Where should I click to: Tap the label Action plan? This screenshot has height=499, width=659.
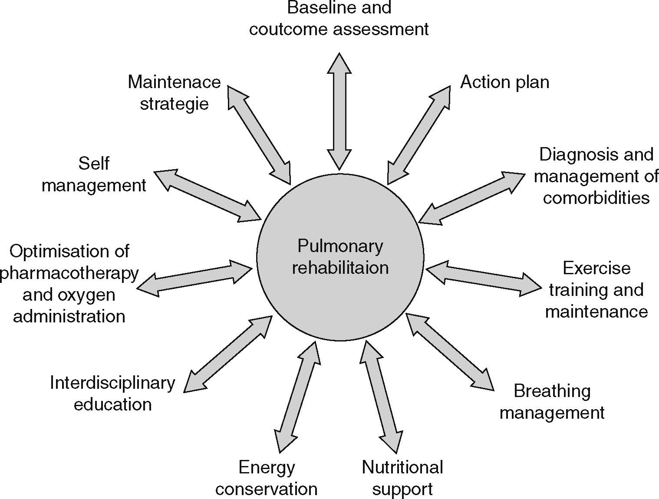504,82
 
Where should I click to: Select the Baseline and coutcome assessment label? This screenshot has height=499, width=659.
339,18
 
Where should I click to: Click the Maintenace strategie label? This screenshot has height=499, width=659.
174,93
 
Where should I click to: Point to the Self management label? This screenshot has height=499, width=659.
94,174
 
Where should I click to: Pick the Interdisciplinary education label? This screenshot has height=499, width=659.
112,393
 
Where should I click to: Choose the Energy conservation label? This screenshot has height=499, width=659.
266,478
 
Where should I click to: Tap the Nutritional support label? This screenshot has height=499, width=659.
402,478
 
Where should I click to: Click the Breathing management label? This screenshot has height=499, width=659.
552,401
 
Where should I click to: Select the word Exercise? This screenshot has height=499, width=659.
596,268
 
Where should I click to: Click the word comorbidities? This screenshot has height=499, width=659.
596,198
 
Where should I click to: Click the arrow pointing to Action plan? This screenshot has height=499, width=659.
419,135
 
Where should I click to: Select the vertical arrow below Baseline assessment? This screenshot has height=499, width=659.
339,112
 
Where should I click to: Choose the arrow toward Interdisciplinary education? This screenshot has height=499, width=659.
228,354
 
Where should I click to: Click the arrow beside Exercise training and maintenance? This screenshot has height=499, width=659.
484,278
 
